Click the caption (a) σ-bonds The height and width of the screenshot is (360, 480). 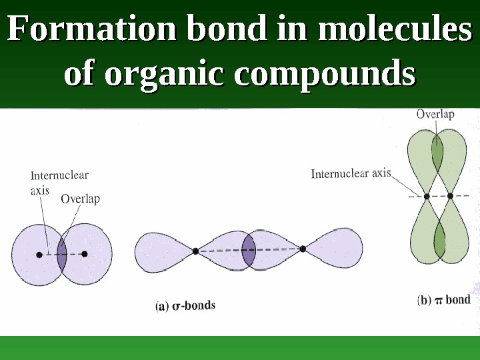[x=185, y=306]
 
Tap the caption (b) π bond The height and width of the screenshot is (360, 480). [x=444, y=300]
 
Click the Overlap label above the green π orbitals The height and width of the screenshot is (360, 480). [x=435, y=114]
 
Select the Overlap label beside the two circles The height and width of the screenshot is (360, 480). [x=80, y=199]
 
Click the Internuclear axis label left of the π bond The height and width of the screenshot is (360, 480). [x=351, y=173]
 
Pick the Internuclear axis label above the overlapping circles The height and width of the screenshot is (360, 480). [x=59, y=182]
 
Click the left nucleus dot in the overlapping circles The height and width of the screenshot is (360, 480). [x=39, y=255]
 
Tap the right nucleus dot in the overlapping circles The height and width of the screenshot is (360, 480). [x=85, y=254]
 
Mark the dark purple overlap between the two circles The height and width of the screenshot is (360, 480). [x=62, y=255]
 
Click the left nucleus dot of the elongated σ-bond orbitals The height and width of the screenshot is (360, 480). [x=195, y=251]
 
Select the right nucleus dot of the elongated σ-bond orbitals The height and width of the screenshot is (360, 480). [x=303, y=249]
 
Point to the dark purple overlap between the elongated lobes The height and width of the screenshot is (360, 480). [x=249, y=251]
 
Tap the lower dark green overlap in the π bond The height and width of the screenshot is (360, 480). [x=439, y=239]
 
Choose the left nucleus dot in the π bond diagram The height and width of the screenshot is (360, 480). [x=427, y=196]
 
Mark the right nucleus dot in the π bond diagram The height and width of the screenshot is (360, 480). [x=450, y=196]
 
